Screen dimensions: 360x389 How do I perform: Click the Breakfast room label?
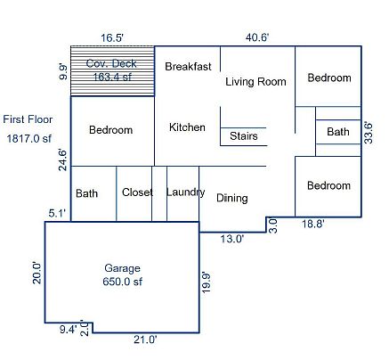pos(188,67)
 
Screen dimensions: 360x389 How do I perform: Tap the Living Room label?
pos(255,82)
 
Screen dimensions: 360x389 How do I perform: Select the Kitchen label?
pos(187,127)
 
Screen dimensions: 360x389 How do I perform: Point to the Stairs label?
pos(244,136)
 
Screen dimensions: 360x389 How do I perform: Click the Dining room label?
pos(232,198)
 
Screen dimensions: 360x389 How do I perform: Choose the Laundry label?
pos(185,192)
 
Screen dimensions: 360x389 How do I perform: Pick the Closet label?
pos(137,192)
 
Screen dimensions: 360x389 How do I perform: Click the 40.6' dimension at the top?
pos(257,37)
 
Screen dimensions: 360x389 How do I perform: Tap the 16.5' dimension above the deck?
pos(112,37)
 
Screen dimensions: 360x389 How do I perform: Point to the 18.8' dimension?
pos(312,225)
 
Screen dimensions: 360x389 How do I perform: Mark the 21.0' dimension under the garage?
pos(145,340)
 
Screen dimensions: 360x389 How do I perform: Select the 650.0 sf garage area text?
pos(122,282)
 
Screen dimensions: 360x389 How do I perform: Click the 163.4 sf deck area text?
pos(112,77)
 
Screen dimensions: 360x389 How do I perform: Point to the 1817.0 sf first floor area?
pos(29,138)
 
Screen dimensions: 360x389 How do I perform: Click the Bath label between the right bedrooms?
pos(337,132)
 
